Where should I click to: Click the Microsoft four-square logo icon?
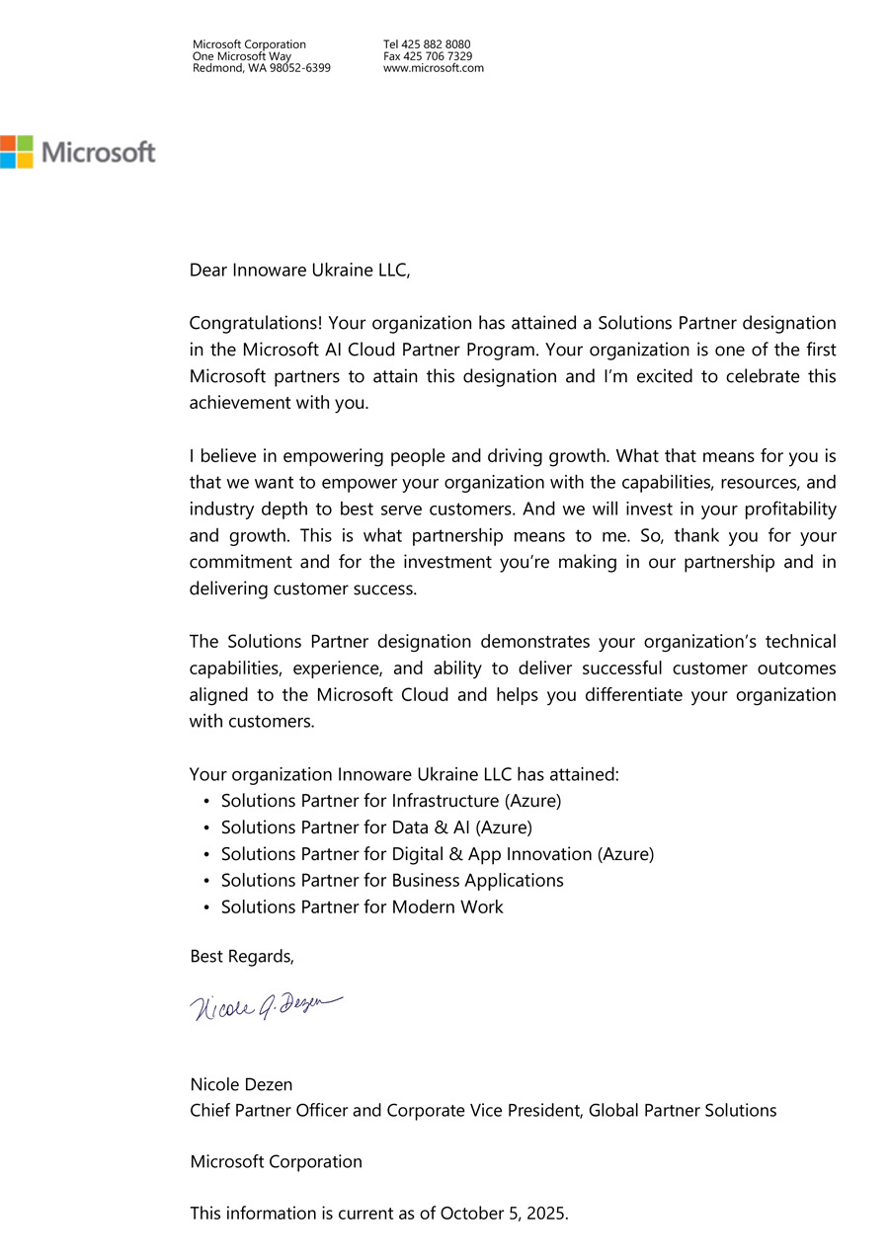(17, 151)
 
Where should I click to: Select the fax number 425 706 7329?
(437, 56)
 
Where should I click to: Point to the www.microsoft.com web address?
(434, 68)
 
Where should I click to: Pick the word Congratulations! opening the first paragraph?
(256, 323)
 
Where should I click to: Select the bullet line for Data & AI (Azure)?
(376, 827)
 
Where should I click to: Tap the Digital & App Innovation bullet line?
(437, 854)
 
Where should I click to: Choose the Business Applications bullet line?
(392, 880)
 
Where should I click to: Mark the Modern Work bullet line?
(362, 906)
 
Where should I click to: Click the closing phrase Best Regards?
(242, 957)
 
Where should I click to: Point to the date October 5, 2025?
(504, 1214)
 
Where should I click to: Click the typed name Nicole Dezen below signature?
(241, 1084)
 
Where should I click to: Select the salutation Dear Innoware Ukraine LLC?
(299, 270)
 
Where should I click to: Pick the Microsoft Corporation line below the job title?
(276, 1162)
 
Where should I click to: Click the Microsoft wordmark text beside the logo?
(99, 152)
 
